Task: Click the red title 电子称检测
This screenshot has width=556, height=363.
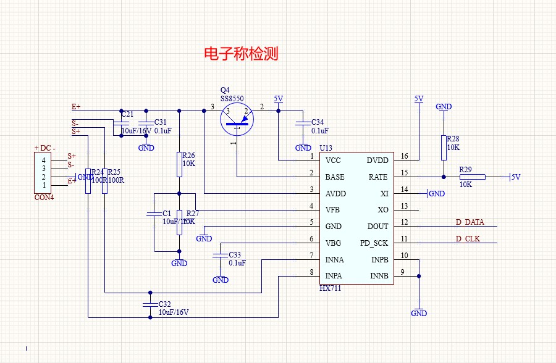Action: click(x=241, y=54)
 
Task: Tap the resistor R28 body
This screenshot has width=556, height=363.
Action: click(x=443, y=147)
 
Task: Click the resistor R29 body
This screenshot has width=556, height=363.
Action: click(x=473, y=177)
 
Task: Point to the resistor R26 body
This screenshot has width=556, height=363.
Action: click(x=179, y=164)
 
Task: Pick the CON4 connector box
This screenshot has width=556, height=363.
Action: click(x=44, y=173)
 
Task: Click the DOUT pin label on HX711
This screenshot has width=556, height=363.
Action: click(x=378, y=227)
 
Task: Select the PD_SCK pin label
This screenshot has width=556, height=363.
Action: click(x=374, y=243)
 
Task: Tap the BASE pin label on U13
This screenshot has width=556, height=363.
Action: click(x=335, y=177)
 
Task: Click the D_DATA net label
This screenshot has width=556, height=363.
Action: click(x=470, y=222)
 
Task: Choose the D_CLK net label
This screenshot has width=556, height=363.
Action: click(x=468, y=239)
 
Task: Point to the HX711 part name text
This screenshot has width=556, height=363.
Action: click(x=331, y=288)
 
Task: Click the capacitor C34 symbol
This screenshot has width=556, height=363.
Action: click(x=303, y=123)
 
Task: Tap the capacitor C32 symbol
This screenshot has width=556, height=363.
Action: click(x=150, y=305)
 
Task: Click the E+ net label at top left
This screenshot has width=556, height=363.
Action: click(x=76, y=107)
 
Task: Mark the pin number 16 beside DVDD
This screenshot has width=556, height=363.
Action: click(x=405, y=156)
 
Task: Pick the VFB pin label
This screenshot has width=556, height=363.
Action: click(x=332, y=211)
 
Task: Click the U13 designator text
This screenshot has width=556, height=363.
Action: click(x=326, y=148)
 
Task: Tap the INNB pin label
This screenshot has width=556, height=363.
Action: click(x=379, y=276)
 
